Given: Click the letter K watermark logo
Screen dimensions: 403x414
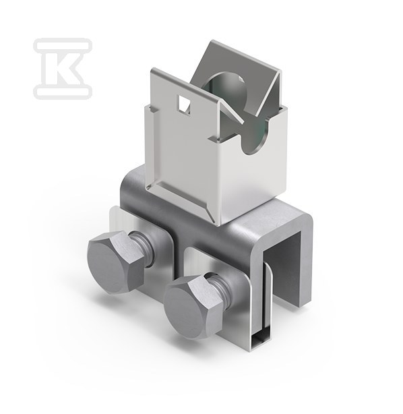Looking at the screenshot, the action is click(x=63, y=68).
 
